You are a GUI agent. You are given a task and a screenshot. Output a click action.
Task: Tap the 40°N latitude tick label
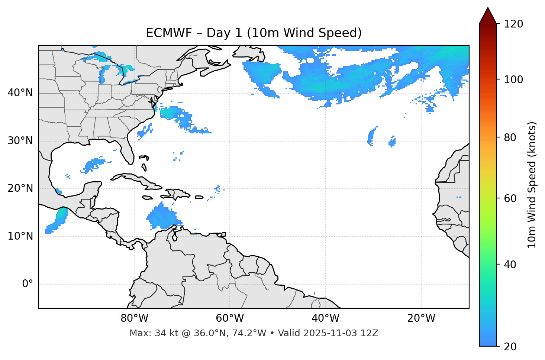pos(20,93)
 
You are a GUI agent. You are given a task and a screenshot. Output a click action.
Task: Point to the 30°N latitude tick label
pos(20,141)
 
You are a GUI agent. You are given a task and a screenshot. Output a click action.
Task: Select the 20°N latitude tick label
pos(20,188)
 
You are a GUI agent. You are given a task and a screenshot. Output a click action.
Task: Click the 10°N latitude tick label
pos(20,236)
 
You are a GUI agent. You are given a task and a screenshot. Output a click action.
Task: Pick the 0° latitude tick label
pos(28,284)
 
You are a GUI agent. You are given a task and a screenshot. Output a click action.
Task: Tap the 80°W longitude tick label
pos(134,318)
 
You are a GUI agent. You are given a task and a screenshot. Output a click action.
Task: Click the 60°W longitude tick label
pos(230,318)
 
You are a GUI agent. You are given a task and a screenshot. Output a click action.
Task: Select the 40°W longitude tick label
pos(325,318)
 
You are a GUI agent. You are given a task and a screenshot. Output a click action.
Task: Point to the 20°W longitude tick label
pos(421,318)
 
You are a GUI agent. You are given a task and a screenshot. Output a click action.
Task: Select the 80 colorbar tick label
pos(510,137)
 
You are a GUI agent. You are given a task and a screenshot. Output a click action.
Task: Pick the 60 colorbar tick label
pos(510,198)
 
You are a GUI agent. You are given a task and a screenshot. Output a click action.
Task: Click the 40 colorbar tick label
pos(510,265)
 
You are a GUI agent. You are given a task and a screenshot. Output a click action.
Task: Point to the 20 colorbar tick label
pos(510,347)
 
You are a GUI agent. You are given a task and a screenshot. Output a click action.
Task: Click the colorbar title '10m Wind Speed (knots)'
pos(532,185)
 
